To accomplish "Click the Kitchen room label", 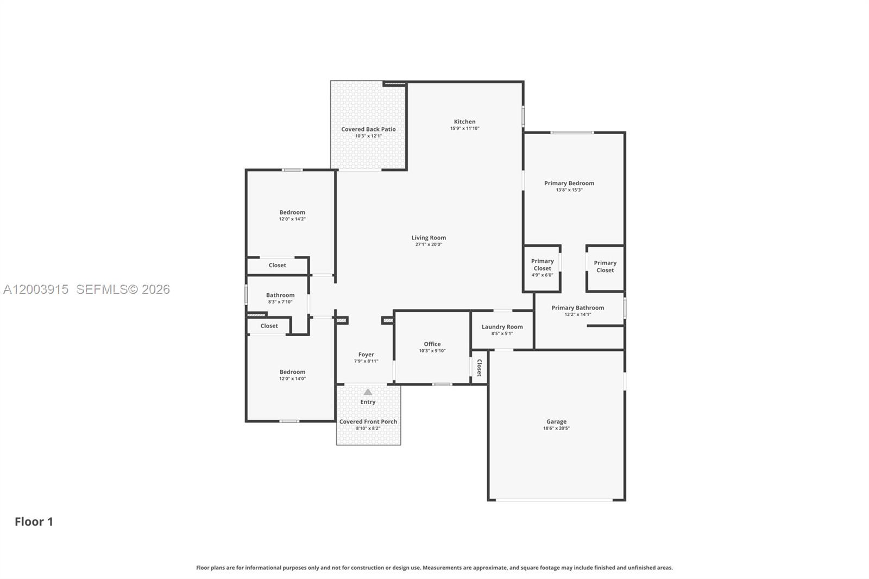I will [464, 122].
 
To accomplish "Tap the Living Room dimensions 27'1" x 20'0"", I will [429, 244].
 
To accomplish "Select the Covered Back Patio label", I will [368, 129].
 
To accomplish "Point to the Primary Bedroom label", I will [569, 183].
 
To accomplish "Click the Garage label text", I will [556, 421].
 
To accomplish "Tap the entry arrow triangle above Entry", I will [368, 392].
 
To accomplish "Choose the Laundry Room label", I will [502, 327].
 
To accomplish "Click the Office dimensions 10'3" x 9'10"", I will [432, 351].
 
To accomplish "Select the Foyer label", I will [366, 355].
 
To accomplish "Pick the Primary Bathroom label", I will [577, 308].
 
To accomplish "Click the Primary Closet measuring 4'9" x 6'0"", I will [542, 265].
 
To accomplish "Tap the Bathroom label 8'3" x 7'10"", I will [280, 295].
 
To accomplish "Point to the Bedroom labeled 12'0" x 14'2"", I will [292, 212].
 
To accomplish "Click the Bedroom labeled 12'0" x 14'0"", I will [292, 372].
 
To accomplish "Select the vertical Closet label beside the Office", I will [479, 368].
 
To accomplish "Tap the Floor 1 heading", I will [34, 521].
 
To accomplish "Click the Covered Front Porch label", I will [368, 421].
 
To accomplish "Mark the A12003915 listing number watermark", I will [36, 289].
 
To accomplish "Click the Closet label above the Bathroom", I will [277, 266].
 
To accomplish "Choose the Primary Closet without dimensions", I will [604, 267].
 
